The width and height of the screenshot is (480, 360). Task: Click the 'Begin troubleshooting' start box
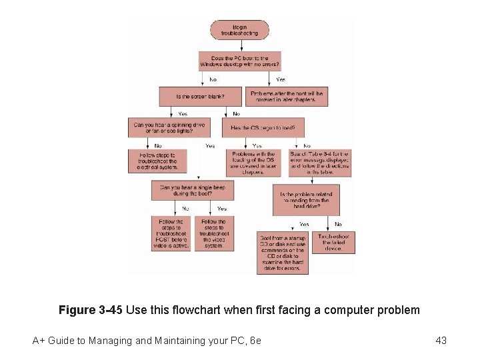[240, 29]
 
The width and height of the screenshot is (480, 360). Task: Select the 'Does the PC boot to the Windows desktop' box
[240, 61]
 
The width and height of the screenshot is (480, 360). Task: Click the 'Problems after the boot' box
[287, 97]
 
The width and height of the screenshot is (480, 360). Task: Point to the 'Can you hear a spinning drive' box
[169, 127]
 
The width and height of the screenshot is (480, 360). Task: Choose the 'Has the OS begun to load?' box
[267, 127]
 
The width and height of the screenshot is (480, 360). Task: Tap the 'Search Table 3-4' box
[319, 163]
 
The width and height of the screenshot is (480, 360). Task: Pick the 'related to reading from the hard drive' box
[306, 200]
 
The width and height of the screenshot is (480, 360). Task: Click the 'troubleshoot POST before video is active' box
[171, 234]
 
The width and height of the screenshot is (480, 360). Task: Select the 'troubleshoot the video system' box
[213, 234]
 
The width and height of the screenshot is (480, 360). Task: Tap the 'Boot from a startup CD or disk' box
[283, 252]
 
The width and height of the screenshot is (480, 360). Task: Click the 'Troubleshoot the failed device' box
[333, 243]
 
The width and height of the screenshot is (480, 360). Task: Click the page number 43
[441, 341]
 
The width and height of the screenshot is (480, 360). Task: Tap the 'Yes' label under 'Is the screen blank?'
[183, 113]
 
